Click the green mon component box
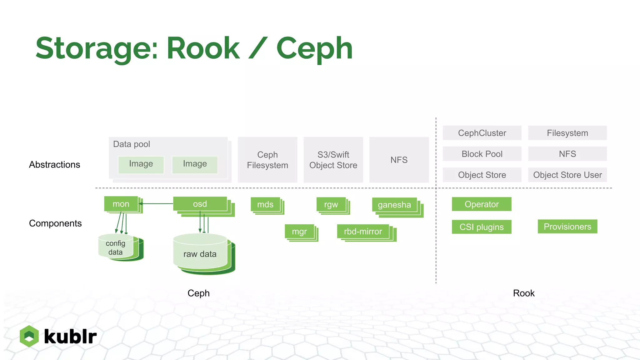coord(121,204)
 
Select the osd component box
coord(200,204)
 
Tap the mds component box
coord(265,204)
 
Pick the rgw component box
coord(331,204)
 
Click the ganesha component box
coord(394,205)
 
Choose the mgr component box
coord(299,232)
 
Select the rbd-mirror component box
coord(363,232)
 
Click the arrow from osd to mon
coord(156,204)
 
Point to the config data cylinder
coord(116,247)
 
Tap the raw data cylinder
coord(200,254)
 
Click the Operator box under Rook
coord(482,204)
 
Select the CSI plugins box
coord(482,227)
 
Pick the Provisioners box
coord(567,227)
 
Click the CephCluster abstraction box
coord(482,133)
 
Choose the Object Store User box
coord(567,175)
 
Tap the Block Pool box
coord(482,154)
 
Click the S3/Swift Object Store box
coord(333,160)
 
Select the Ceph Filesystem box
coord(267,160)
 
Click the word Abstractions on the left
coord(55,165)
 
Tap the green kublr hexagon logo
coord(29,336)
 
